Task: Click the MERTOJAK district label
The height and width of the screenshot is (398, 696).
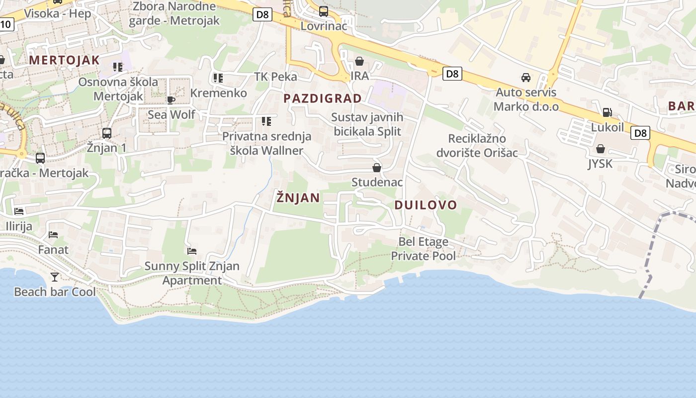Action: (x=64, y=60)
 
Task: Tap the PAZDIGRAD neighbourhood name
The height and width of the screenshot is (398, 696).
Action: (x=323, y=98)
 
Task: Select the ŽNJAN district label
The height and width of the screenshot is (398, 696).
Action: (x=298, y=198)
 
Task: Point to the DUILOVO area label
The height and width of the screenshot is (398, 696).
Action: (x=426, y=204)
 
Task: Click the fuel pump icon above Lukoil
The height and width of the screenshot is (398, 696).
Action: (x=607, y=112)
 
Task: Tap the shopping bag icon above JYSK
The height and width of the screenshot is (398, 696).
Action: (x=601, y=149)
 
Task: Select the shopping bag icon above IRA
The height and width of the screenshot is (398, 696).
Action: (x=359, y=62)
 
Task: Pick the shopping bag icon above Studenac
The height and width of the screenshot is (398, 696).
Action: (x=377, y=168)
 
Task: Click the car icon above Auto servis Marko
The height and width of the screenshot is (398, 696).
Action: (x=526, y=78)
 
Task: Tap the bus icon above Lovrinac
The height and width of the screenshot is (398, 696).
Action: (x=324, y=11)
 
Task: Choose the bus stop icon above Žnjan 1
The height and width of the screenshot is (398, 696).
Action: (x=107, y=133)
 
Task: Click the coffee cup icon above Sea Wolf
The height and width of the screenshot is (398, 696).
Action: (x=171, y=100)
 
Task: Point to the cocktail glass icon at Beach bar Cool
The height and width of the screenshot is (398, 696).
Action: (x=55, y=277)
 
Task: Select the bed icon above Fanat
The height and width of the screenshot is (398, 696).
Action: (x=53, y=234)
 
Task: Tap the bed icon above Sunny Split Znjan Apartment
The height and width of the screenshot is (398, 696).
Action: (x=192, y=251)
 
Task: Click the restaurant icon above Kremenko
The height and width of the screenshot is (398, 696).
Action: (x=218, y=78)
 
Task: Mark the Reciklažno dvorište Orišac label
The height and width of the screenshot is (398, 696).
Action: (x=477, y=145)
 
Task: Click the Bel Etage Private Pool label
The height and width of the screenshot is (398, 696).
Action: (x=423, y=249)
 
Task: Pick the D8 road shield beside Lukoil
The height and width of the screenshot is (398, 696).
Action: (x=640, y=133)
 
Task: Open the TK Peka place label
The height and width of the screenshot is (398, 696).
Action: (x=275, y=77)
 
